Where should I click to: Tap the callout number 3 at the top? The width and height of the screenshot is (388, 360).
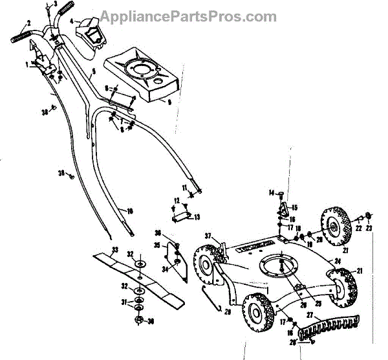pos(56,5)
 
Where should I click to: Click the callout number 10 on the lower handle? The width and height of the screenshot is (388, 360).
pos(130,211)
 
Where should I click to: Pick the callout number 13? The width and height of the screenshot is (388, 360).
pos(197,216)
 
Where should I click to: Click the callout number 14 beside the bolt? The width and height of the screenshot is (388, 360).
pos(272,193)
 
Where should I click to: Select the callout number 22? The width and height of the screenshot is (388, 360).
pos(358,227)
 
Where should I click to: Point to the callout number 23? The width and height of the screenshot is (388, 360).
pos(369,227)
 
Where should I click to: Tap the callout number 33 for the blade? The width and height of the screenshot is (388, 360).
pos(115,249)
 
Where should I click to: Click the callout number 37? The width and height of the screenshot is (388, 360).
pos(208,235)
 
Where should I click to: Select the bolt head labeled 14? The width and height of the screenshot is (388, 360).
pos(281,192)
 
